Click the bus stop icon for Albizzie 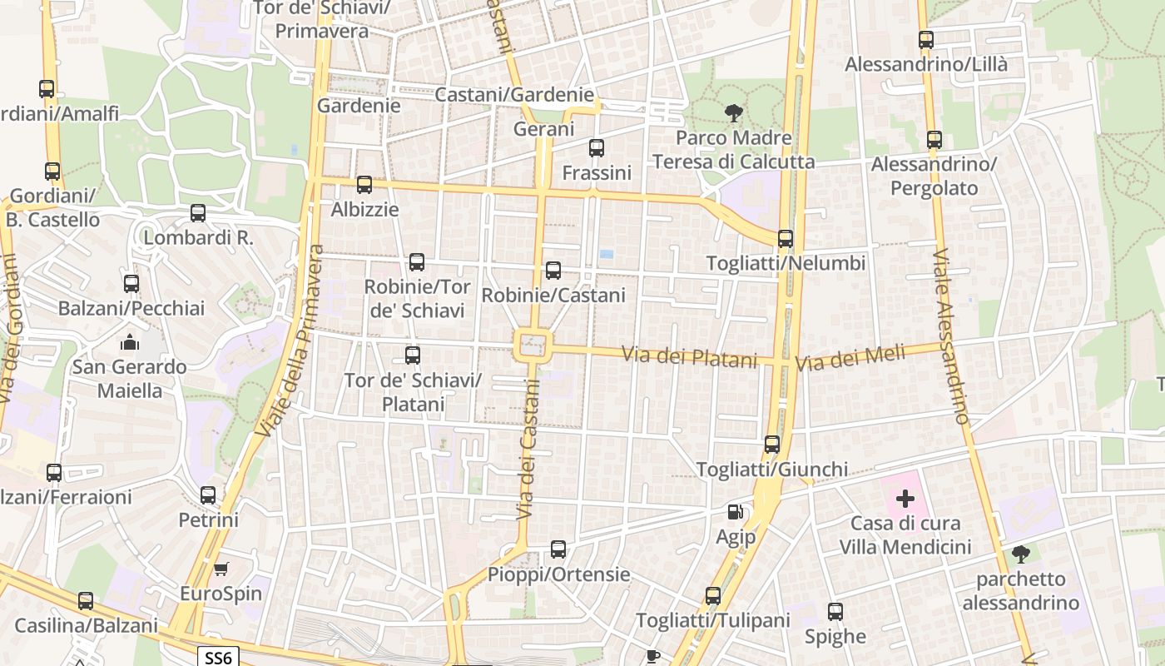(364, 185)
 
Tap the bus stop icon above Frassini (596, 148)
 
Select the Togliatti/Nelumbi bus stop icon (785, 239)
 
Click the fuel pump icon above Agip (735, 512)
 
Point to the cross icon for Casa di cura (905, 499)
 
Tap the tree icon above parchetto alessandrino (1020, 554)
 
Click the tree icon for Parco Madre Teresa (733, 112)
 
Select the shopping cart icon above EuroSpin (221, 569)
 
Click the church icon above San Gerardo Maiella (129, 342)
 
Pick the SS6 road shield (218, 658)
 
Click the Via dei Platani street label (690, 356)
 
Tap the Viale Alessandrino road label (952, 337)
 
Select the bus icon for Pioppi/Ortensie (558, 549)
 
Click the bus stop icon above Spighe (835, 612)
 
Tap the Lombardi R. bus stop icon (197, 212)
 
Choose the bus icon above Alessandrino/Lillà (925, 39)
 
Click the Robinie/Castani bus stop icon (553, 271)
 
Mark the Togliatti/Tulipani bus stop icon (712, 596)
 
